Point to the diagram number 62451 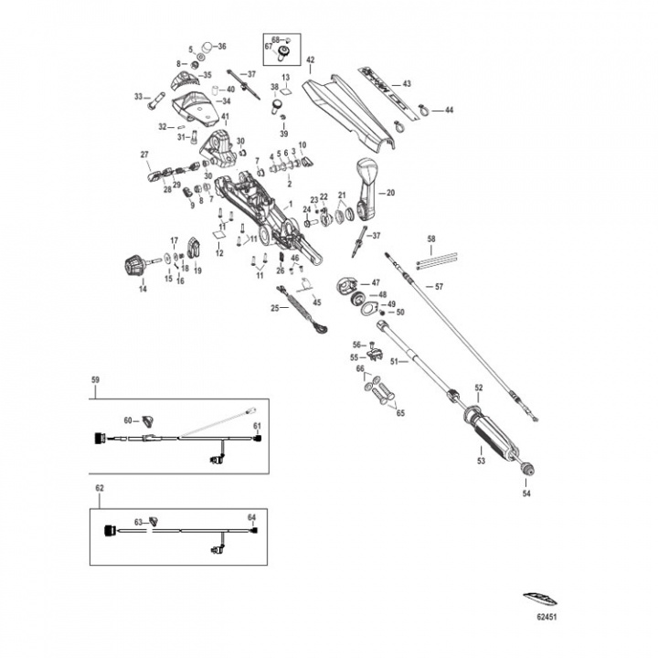[x=546, y=617]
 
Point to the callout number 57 [x=439, y=286]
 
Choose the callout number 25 [x=273, y=308]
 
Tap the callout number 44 [x=448, y=110]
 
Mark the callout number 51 [x=395, y=361]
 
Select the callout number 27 [x=143, y=154]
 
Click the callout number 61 [x=258, y=427]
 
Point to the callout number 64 [x=253, y=517]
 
